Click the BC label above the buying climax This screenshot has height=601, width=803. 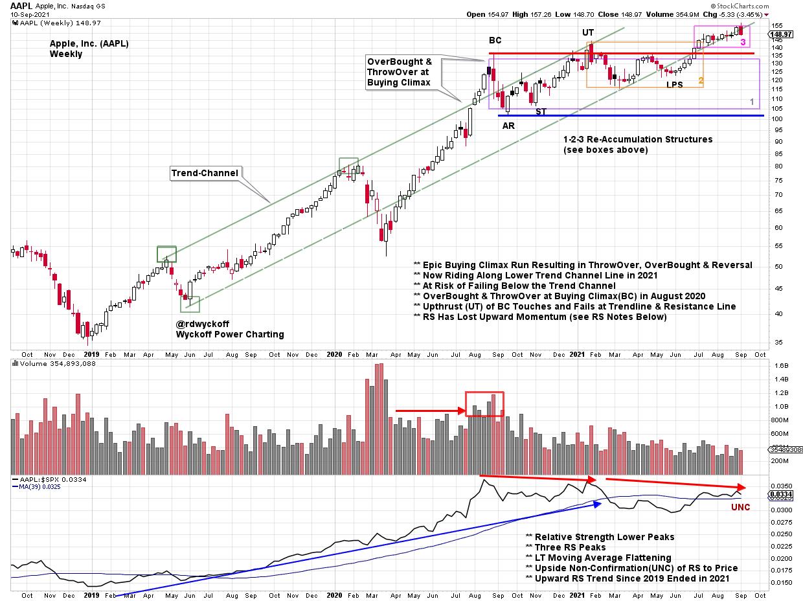coord(494,40)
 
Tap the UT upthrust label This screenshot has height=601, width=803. coord(588,32)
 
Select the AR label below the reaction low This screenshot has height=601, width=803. coord(508,126)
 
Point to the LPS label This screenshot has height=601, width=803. coord(674,85)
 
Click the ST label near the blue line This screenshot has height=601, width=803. coord(541,111)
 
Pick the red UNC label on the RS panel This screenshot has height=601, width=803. coord(740,507)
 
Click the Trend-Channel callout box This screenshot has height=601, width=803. coord(195,173)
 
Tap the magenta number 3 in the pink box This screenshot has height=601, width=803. coord(743,42)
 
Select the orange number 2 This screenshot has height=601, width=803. coord(701,81)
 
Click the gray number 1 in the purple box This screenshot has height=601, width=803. coord(752,102)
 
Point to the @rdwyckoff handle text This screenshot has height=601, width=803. coord(202,324)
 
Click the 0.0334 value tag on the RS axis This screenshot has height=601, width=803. coord(780,494)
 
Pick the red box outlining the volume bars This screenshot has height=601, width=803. coord(484,403)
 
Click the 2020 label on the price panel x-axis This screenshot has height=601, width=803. coord(334,354)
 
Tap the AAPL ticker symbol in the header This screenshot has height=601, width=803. coord(21,5)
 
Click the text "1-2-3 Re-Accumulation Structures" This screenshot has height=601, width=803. coord(637,139)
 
